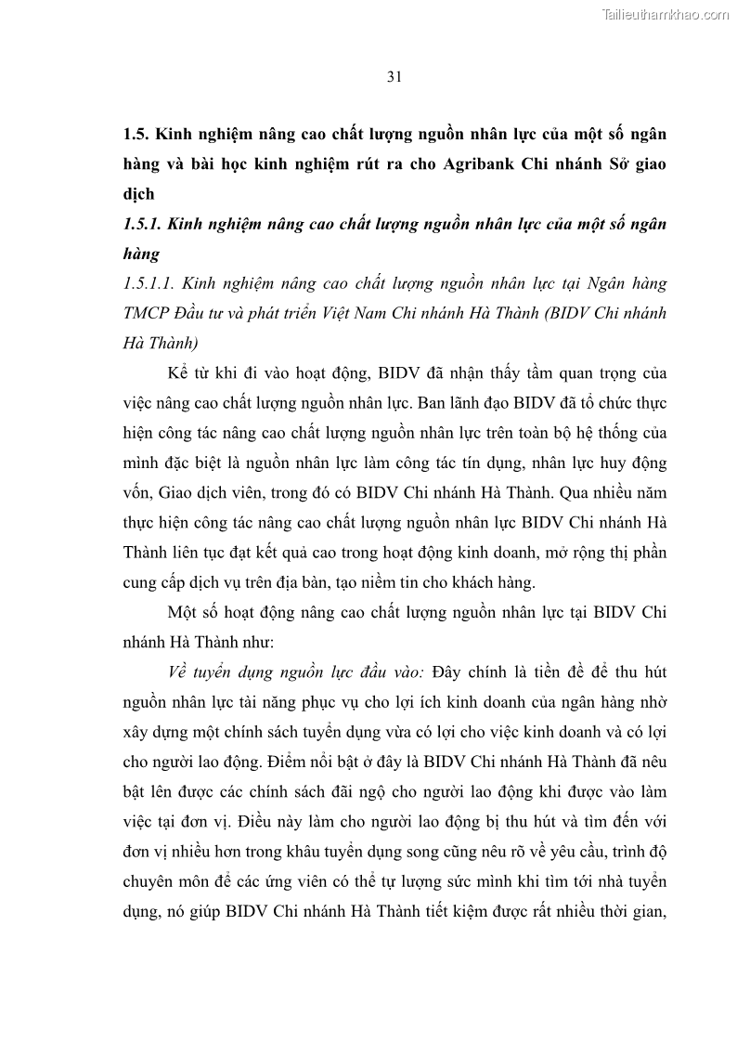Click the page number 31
pyautogui.click(x=394, y=77)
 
